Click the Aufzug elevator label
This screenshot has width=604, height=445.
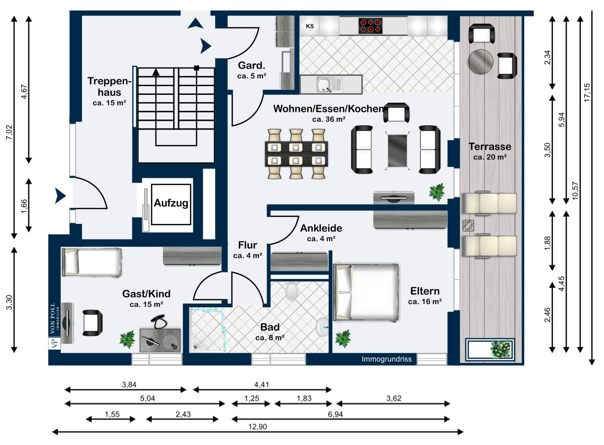[x=171, y=203]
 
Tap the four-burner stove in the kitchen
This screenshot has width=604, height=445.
[x=370, y=26]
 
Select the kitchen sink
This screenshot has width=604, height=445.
[x=324, y=84]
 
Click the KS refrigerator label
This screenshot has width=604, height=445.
[x=310, y=26]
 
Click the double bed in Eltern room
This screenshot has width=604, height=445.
[x=366, y=292]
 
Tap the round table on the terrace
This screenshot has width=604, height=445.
[x=480, y=61]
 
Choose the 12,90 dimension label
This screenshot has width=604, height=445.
[x=258, y=427]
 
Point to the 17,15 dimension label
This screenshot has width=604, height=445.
[x=587, y=93]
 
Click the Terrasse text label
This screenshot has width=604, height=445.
[x=490, y=147]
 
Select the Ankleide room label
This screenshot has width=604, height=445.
[x=321, y=228]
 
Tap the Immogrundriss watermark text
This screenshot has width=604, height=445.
[x=387, y=359]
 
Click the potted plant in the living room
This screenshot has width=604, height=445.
[x=437, y=192]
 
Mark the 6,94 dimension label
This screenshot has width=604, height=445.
[x=335, y=414]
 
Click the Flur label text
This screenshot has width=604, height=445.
[x=248, y=245]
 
